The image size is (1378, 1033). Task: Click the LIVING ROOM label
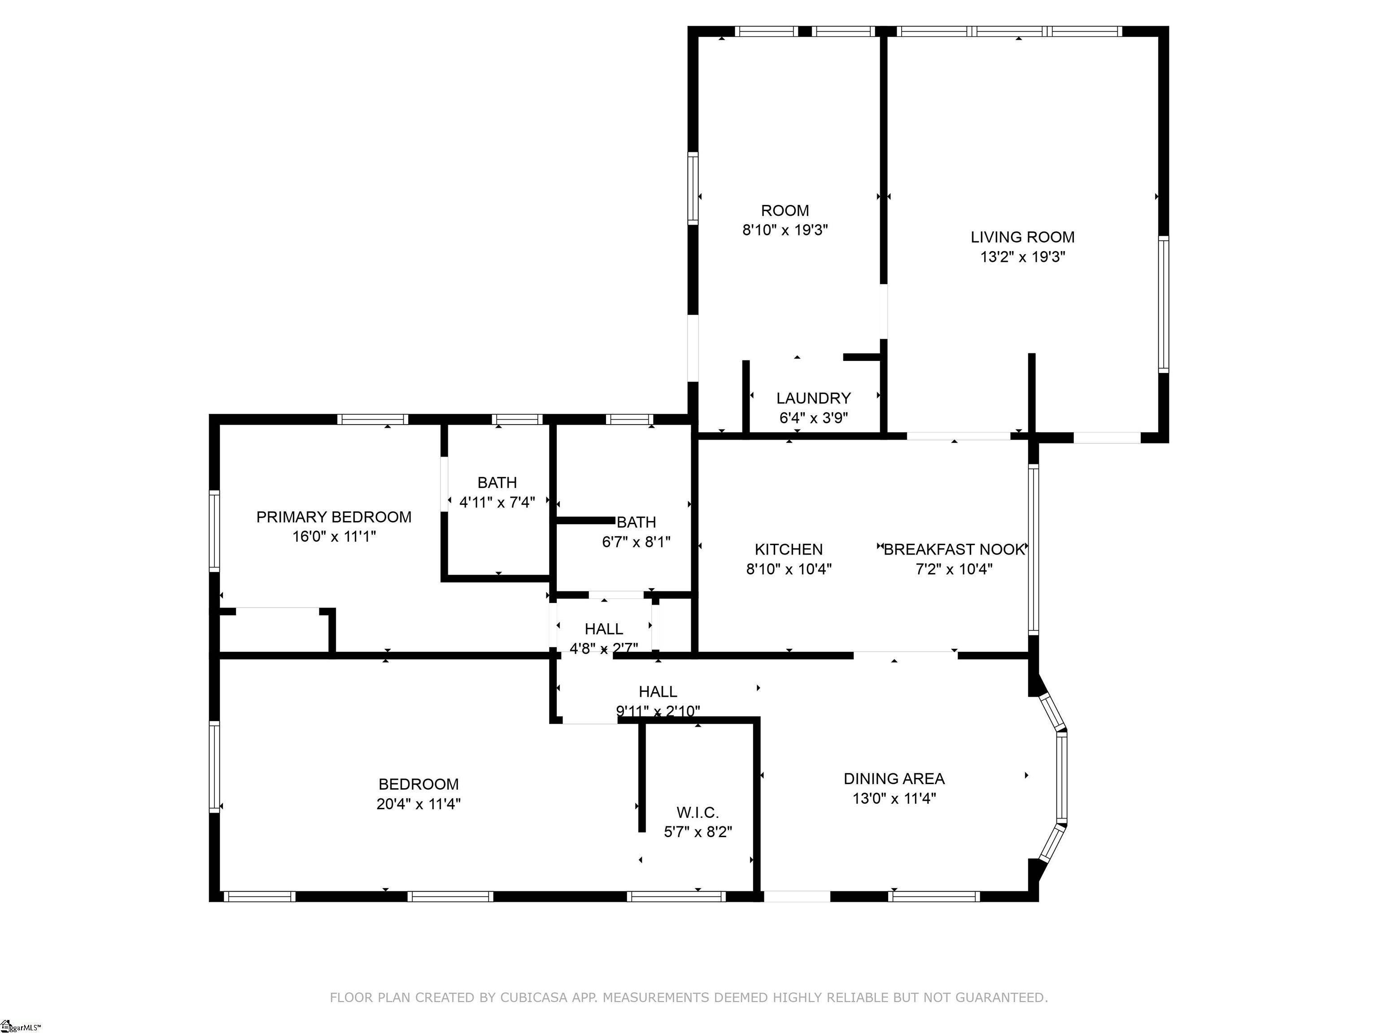coord(1022,237)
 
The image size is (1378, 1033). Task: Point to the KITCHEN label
coord(789,550)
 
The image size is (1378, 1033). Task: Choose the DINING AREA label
coord(894,779)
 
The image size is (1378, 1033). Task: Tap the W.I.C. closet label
coord(698,812)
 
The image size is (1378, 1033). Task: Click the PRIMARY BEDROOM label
coord(334,517)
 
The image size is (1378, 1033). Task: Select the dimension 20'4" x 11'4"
coord(419,804)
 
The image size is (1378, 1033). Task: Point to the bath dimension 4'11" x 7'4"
coord(497,503)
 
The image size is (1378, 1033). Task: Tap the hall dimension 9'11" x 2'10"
coord(658,711)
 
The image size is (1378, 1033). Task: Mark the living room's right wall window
coord(1163,304)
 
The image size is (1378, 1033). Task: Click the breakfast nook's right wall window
coord(1033,550)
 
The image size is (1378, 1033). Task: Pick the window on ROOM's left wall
coord(693,188)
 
